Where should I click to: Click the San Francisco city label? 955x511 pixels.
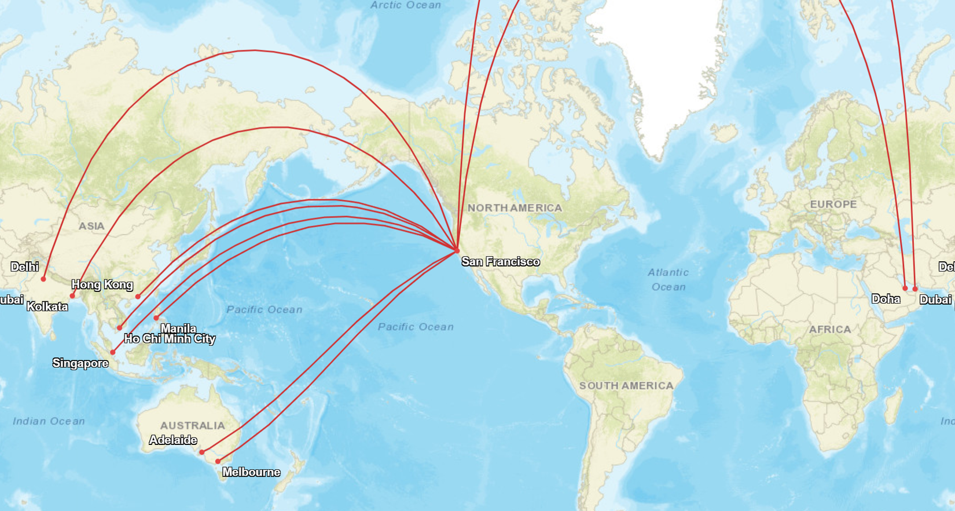click(x=500, y=262)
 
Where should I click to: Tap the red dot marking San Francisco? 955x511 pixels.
click(x=457, y=250)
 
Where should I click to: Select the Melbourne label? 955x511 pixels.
click(x=251, y=472)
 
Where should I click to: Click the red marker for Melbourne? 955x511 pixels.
click(x=218, y=462)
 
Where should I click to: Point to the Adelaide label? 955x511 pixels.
click(x=173, y=440)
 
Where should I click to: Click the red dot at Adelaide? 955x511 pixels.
click(x=201, y=452)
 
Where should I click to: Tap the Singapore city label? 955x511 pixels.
click(x=80, y=363)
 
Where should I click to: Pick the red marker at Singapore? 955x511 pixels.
click(x=113, y=352)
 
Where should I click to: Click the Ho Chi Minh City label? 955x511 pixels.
click(x=170, y=339)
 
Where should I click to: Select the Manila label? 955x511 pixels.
click(x=178, y=329)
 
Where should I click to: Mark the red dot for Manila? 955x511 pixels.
click(x=156, y=318)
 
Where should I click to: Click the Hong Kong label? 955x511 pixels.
click(x=102, y=284)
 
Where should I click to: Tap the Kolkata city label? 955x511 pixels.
click(x=47, y=306)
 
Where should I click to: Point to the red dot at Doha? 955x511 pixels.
click(x=905, y=288)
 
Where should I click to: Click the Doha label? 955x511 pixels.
click(x=886, y=299)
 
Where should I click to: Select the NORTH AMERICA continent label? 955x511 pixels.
click(x=515, y=207)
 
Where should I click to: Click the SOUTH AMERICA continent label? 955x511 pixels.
click(x=626, y=386)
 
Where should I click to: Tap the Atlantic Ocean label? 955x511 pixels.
click(x=668, y=279)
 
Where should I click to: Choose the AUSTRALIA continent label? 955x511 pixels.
click(x=192, y=425)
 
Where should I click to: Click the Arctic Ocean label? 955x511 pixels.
click(x=406, y=5)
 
